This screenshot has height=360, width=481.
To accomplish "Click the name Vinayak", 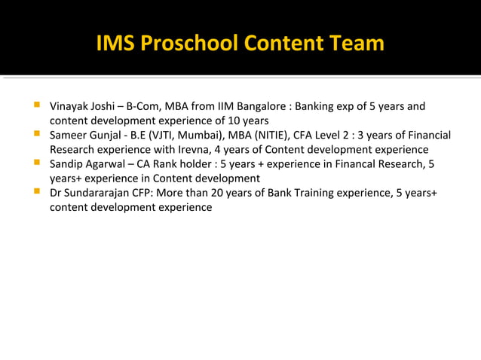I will (x=70, y=106).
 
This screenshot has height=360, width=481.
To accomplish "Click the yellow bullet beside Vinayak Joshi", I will (x=36, y=105).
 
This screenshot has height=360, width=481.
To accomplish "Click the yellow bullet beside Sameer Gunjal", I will (x=36, y=135).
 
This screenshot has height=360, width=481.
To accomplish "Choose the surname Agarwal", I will (x=106, y=164).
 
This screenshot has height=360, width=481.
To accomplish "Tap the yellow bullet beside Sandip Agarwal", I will (x=36, y=163).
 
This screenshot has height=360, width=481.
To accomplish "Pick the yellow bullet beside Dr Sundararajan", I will (x=36, y=193).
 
